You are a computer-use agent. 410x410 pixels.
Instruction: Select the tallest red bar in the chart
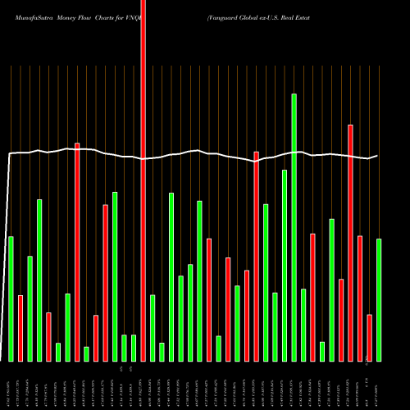click(143, 180)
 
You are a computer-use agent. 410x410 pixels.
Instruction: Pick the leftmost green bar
click(11, 298)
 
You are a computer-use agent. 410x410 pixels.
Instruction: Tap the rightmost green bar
click(379, 299)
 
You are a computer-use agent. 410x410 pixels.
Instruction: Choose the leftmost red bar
click(20, 328)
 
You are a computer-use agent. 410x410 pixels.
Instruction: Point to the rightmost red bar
click(369, 337)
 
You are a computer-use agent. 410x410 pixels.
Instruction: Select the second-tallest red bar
click(350, 243)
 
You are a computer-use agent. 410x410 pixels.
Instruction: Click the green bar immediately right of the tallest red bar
click(153, 328)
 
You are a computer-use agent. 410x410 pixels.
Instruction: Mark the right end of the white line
click(377, 156)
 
